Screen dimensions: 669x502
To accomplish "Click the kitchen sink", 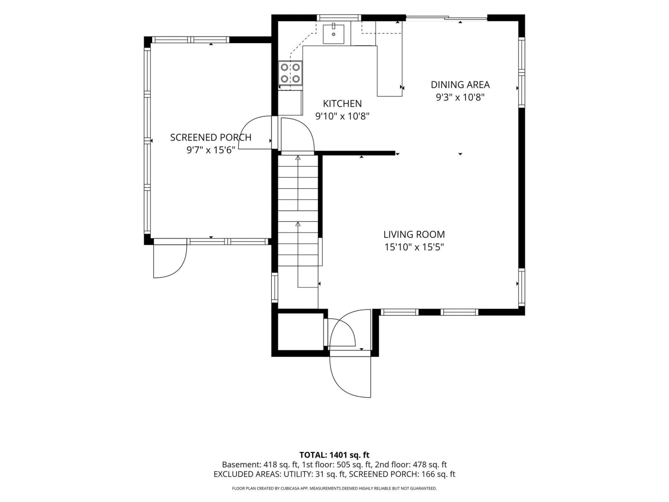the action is point(333,34).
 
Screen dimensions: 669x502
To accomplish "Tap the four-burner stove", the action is point(290,73).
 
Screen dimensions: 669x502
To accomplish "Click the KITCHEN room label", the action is point(342,104).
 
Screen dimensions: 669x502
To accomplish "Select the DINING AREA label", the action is point(460,85).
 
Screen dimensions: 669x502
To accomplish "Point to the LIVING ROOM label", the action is point(414,234).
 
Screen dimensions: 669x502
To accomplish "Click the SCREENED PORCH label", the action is point(211,138).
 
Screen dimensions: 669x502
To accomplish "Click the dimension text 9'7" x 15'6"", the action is point(211,150).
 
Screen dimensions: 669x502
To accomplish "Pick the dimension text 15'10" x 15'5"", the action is point(414,247).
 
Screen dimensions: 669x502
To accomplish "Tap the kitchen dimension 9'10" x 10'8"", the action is point(342,116).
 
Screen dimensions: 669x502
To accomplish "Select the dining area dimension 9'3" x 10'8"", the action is point(460,97).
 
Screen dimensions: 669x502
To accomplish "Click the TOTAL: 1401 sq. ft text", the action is point(334,455).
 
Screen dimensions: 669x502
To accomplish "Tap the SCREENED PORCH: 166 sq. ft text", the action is point(402,474).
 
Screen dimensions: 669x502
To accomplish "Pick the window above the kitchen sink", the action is point(339,18).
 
